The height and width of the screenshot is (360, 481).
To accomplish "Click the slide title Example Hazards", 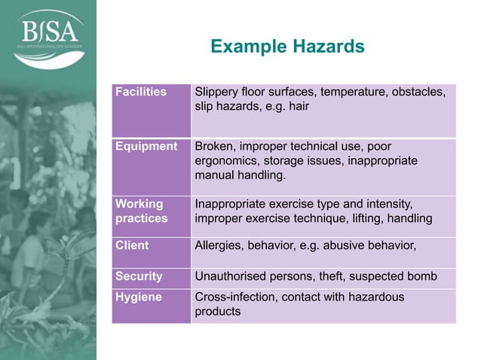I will [287, 47].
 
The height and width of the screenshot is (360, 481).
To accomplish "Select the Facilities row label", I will [140, 93].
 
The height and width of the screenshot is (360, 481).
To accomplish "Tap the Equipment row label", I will [146, 147].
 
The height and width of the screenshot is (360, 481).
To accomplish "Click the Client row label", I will [132, 246].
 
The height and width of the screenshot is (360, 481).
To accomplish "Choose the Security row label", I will [139, 276].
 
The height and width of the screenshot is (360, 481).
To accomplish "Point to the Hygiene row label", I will [138, 297].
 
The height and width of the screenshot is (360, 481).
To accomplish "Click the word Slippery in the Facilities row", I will [218, 93].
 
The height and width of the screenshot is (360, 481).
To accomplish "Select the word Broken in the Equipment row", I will [214, 147].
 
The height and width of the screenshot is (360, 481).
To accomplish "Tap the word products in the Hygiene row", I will [218, 312].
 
